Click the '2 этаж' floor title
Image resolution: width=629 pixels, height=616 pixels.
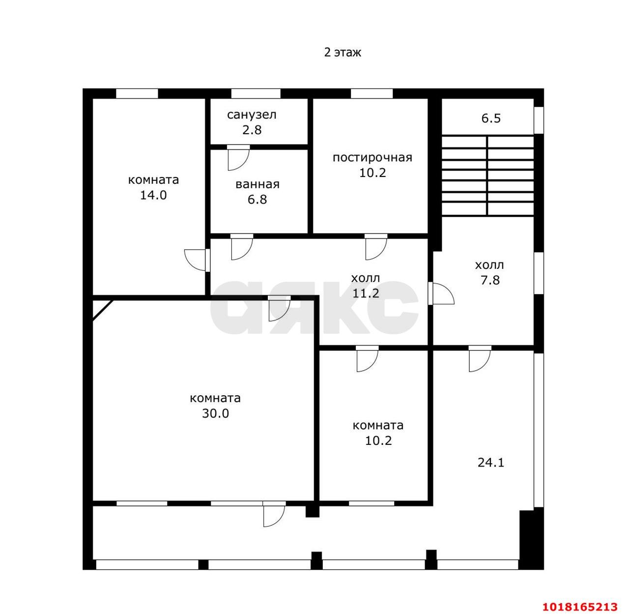pos(343,52)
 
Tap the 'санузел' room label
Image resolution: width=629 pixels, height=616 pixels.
pos(252,115)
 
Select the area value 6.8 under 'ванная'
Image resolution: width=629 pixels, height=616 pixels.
pos(257,199)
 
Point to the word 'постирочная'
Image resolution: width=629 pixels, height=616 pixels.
pos(372,157)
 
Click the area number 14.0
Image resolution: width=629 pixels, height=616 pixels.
pos(153,195)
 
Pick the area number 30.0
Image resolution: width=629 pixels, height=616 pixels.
pos(215,413)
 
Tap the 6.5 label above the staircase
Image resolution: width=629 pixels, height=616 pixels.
pos(491,118)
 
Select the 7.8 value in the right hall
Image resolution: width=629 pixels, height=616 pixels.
pos(490,280)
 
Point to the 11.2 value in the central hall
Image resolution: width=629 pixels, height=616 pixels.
pos(366,293)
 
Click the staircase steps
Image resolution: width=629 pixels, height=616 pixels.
pos(487,176)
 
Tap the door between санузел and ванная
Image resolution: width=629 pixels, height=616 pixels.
pos(239,157)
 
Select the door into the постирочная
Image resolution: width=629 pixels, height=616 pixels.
pos(376,247)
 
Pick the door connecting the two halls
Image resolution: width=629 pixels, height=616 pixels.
pos(441,293)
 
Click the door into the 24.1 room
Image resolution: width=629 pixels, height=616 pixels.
pos(480,358)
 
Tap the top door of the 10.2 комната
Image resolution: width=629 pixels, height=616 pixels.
pos(368,358)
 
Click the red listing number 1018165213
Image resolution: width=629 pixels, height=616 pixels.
pos(580,607)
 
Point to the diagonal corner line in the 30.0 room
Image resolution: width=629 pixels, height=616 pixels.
pos(103,310)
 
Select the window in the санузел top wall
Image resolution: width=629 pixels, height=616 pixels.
pos(256,93)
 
